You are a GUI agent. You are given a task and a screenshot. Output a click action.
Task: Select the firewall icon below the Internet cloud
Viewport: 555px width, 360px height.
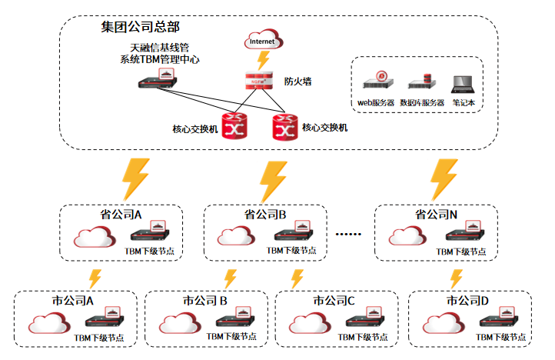[259, 81]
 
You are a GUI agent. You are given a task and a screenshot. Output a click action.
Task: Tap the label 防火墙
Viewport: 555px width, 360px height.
[297, 81]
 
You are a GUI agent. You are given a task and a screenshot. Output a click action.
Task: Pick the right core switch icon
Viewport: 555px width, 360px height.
[285, 128]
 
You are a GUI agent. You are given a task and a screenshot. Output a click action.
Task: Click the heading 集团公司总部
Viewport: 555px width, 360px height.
[141, 28]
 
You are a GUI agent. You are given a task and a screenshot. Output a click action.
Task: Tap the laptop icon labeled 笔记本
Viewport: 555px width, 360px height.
[463, 82]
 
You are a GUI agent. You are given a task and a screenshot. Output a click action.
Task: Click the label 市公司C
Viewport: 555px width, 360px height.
[334, 300]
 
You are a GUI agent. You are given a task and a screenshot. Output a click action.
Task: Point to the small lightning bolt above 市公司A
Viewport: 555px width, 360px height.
[95, 278]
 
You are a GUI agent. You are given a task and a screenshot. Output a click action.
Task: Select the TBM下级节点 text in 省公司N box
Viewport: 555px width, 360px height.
[461, 252]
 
